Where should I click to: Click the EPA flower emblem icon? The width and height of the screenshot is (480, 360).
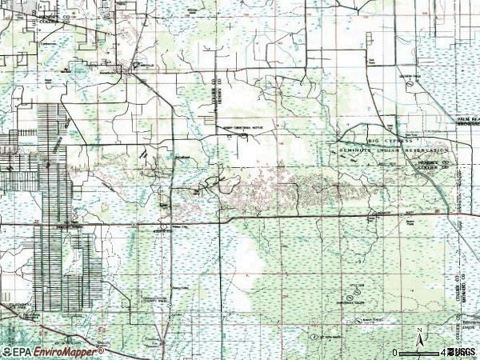[6, 351]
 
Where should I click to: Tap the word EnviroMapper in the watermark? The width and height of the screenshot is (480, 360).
[70, 351]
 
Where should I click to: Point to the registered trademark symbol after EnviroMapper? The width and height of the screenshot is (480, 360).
[102, 349]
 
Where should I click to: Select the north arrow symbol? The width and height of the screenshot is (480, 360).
[418, 338]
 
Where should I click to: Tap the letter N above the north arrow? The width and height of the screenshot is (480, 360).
[418, 329]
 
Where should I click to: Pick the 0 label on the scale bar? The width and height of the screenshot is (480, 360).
[395, 352]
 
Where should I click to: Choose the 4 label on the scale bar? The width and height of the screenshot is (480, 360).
[442, 352]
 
